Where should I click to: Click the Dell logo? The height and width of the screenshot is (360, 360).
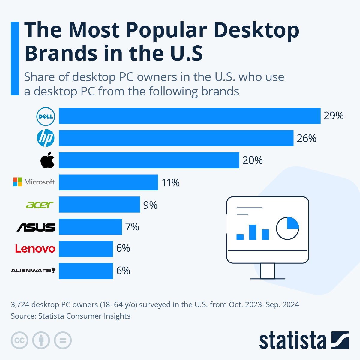tap(45, 116)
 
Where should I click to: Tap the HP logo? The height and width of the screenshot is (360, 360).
tap(46, 138)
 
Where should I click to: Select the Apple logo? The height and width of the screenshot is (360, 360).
tap(47, 160)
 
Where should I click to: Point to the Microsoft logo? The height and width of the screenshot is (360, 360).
tap(34, 182)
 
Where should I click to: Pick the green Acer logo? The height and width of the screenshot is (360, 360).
tap(40, 205)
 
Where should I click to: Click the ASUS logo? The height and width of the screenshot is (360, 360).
tap(36, 227)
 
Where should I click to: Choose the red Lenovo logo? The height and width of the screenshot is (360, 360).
tap(35, 249)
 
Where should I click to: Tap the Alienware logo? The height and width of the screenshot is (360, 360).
tap(33, 271)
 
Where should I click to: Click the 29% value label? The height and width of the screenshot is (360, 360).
tap(334, 116)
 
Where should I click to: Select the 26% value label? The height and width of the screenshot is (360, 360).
tap(307, 138)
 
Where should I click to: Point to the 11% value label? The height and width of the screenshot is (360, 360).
tap(171, 183)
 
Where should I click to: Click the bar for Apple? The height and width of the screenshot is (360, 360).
tap(149, 160)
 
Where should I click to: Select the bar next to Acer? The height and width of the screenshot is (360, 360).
tap(99, 205)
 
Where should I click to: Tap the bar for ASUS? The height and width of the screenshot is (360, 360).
tap(90, 227)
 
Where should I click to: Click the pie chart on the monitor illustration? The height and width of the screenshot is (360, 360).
tap(287, 228)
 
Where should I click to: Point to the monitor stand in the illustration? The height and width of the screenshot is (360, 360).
tap(268, 271)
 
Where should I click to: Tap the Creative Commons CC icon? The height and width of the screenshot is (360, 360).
tap(19, 340)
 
